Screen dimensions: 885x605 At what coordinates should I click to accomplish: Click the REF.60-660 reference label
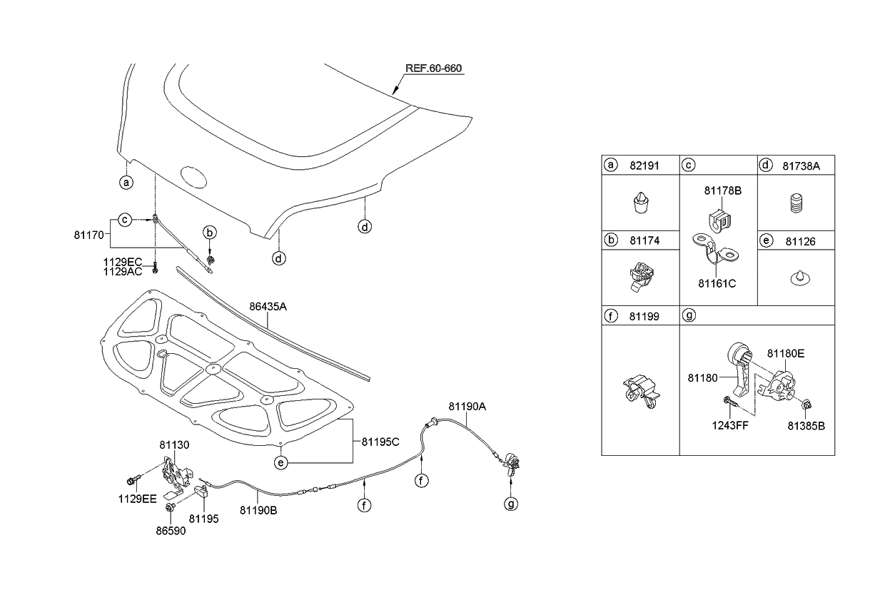tap(433, 68)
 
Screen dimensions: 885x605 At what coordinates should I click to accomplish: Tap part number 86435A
tap(268, 307)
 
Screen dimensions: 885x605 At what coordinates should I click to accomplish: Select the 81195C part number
tap(380, 442)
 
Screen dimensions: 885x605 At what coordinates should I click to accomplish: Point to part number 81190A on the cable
tap(467, 407)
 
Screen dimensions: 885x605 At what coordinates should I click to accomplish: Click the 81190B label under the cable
tap(258, 511)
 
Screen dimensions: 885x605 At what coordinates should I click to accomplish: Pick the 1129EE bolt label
tap(138, 499)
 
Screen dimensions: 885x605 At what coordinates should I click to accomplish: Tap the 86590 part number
tap(171, 531)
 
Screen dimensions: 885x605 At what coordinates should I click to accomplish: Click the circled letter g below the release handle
tap(511, 504)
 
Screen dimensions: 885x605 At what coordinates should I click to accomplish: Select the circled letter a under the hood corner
tap(126, 183)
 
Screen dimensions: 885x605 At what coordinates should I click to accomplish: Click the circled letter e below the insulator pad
tap(281, 462)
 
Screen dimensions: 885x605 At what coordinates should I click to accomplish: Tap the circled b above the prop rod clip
tap(210, 232)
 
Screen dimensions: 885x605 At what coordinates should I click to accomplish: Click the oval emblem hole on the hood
tap(193, 177)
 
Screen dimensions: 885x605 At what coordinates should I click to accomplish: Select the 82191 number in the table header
tap(644, 166)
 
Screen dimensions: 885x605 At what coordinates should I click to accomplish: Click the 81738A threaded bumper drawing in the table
tap(797, 203)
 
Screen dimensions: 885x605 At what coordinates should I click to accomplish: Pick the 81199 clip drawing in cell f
tap(642, 392)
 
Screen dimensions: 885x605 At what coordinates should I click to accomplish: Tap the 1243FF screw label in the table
tap(730, 425)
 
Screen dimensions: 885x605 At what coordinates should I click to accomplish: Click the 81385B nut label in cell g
tap(806, 426)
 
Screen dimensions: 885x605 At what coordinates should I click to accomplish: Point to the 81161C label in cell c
tap(717, 283)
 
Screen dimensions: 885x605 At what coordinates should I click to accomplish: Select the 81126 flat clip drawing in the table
tap(800, 278)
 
